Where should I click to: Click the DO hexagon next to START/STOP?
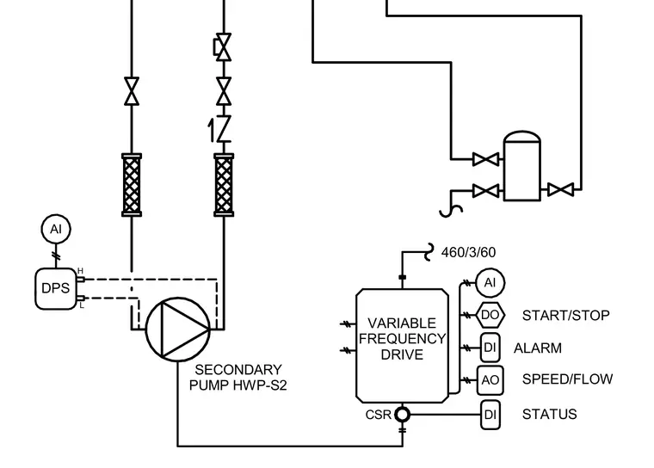(490, 315)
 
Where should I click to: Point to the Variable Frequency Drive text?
(402, 339)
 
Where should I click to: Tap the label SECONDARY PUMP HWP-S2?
(238, 378)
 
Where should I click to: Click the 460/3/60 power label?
(468, 252)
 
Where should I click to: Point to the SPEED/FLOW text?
(567, 379)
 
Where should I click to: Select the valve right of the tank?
(560, 190)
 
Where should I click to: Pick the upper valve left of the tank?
(486, 159)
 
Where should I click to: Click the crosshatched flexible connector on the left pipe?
(132, 185)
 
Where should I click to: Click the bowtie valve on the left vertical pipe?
(132, 91)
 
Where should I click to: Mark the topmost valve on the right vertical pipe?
(223, 47)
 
